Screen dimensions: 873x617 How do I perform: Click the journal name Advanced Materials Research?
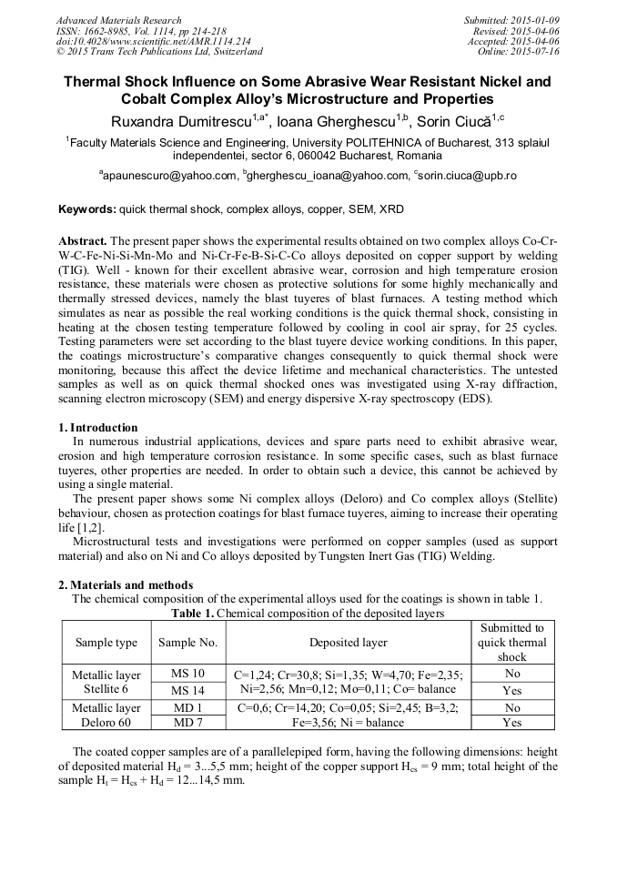(118, 20)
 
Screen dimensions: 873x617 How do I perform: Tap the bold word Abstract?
(83, 241)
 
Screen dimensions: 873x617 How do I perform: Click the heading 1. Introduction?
(98, 428)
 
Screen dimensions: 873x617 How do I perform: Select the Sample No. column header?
(187, 643)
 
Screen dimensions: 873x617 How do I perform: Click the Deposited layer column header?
(348, 643)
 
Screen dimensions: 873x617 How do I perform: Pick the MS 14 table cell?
(187, 690)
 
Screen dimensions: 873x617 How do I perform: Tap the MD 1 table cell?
(187, 706)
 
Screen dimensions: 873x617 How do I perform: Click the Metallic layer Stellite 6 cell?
(106, 682)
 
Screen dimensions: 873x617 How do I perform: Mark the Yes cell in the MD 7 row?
(511, 722)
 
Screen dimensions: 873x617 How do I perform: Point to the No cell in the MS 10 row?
(511, 674)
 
